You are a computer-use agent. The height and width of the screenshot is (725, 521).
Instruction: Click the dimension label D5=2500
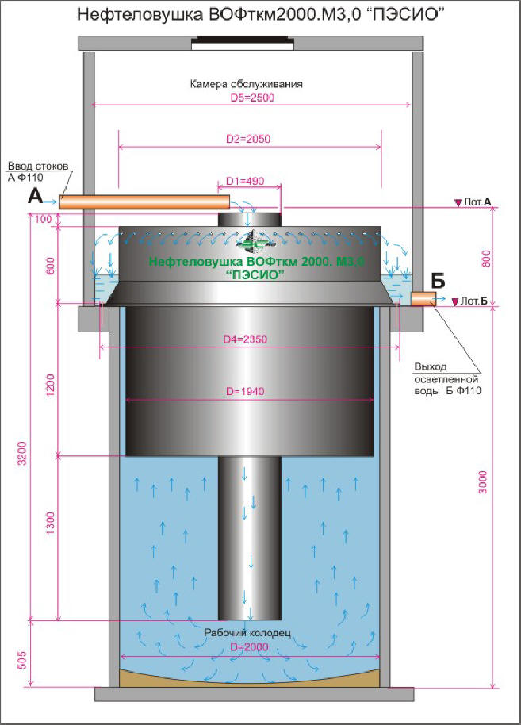point(252,98)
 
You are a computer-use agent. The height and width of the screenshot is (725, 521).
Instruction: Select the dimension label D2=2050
point(247,139)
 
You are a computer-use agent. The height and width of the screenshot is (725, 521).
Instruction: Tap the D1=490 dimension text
point(245,181)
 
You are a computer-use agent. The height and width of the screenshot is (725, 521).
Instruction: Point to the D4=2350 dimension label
point(245,339)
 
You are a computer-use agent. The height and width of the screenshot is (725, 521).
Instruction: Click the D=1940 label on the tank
point(245,391)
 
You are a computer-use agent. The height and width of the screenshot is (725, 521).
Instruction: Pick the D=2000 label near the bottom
point(249,646)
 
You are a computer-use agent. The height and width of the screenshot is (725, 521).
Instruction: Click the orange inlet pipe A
point(144,202)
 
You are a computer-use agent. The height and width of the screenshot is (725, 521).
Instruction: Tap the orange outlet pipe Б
point(423,299)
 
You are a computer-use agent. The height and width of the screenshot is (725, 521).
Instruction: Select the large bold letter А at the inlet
point(36,196)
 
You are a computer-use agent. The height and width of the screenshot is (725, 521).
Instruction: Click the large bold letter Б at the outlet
point(438,280)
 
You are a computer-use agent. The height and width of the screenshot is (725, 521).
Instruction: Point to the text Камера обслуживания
point(247,84)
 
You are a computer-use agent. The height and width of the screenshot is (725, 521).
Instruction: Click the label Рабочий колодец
point(247,632)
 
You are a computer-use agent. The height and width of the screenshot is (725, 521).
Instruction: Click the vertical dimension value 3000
point(483,482)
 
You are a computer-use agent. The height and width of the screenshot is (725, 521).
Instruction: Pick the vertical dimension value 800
point(486,259)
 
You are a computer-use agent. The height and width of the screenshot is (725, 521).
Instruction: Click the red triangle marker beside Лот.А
point(458,202)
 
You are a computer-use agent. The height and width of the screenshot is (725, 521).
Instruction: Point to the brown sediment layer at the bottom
point(250,679)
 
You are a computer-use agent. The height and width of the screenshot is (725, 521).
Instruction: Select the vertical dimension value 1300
point(51,523)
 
